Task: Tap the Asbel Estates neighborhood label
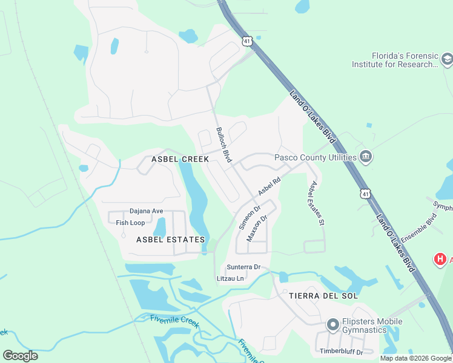pos(170,240)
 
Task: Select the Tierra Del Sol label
pos(323,296)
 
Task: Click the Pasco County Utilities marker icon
pos(365,157)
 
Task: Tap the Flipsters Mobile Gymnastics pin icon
pos(332,325)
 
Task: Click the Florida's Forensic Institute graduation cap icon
pos(447,60)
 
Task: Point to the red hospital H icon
pos(440,260)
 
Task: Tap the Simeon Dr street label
pos(249,218)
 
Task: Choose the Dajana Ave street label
pos(147,211)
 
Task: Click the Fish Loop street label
pos(131,223)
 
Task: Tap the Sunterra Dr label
pos(243,267)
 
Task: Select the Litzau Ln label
pos(230,278)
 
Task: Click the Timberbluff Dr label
pos(342,352)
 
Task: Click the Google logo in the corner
pos(20,356)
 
